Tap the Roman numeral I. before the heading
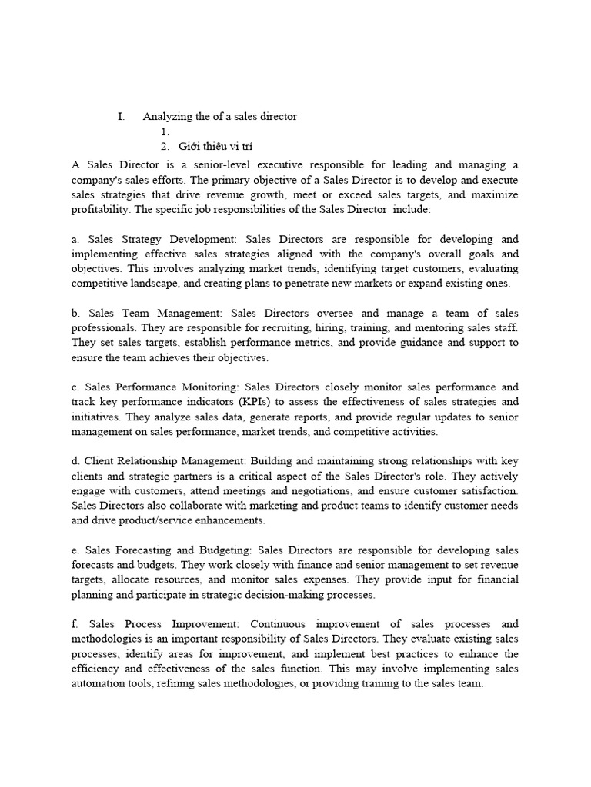point(121,116)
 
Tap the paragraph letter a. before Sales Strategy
point(75,239)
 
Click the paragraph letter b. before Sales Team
point(75,313)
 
